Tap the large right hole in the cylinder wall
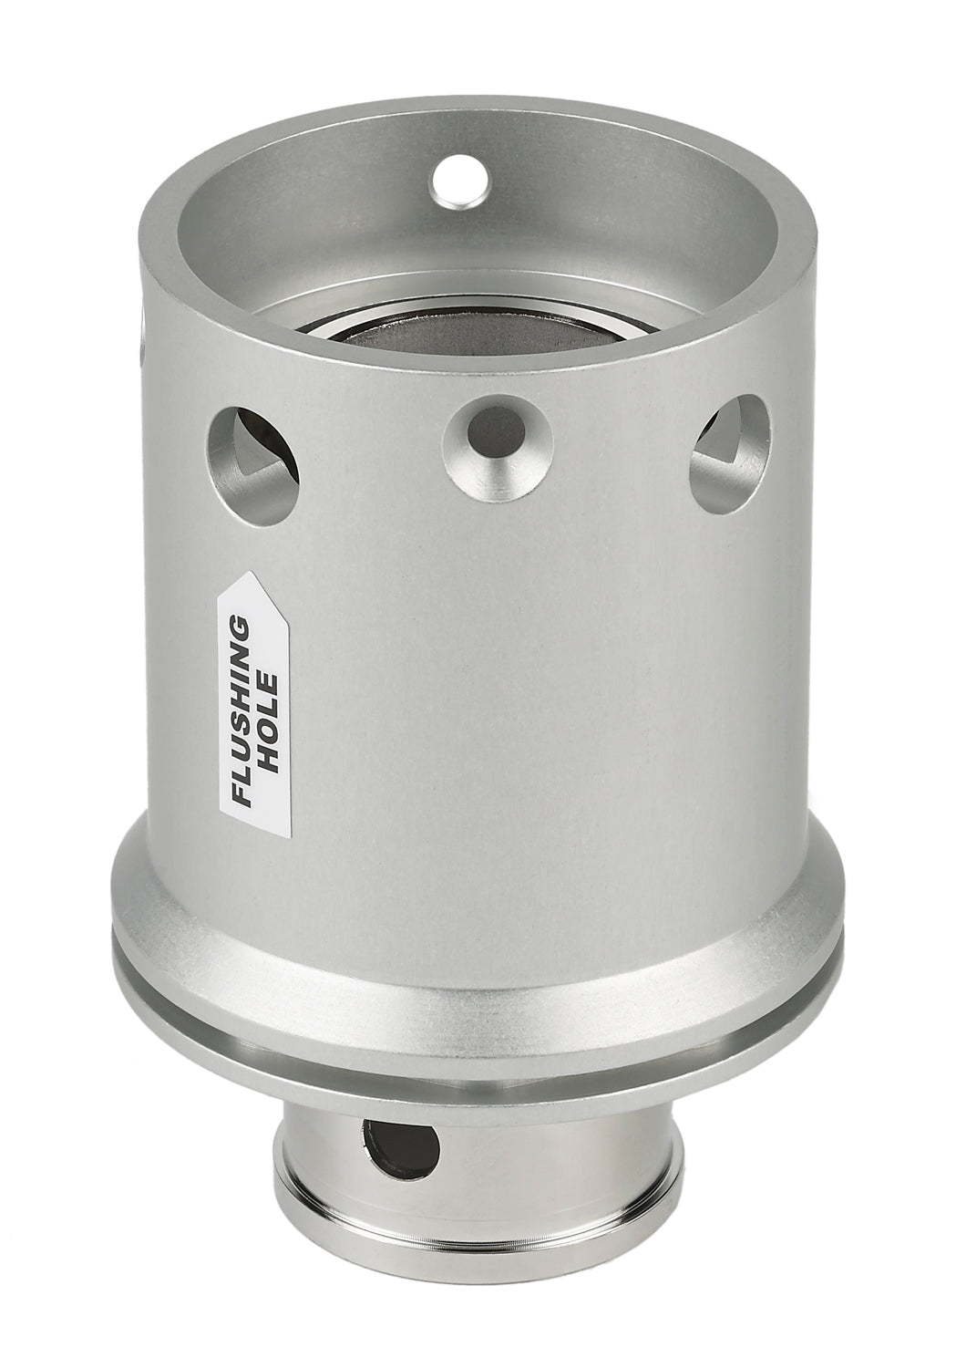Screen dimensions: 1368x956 point(730,445)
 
